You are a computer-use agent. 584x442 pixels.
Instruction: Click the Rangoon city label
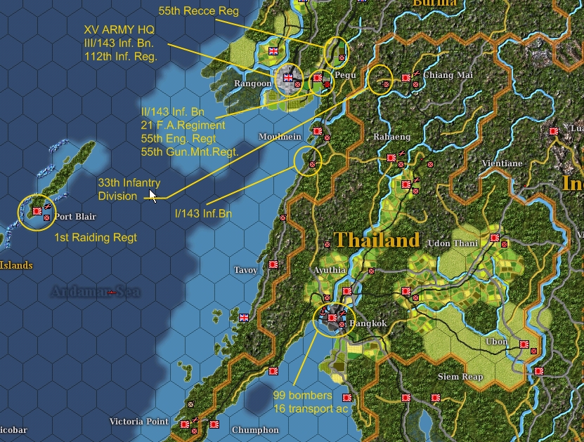[252, 83]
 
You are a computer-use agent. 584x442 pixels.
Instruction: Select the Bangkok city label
[368, 323]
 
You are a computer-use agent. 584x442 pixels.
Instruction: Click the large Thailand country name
[377, 240]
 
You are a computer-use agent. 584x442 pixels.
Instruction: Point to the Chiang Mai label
[448, 75]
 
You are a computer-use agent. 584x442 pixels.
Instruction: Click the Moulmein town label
[280, 136]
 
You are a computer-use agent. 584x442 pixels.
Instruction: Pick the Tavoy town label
[246, 270]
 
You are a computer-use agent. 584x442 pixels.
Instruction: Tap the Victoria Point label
[139, 422]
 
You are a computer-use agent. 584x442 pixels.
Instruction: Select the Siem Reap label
[460, 377]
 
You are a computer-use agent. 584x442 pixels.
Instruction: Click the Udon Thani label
[453, 243]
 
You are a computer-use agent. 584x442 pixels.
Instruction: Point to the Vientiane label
[502, 163]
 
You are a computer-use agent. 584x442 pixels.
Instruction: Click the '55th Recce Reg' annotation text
[198, 11]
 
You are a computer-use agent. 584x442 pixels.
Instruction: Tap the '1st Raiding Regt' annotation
[96, 238]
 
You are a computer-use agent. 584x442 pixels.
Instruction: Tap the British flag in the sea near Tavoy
[244, 318]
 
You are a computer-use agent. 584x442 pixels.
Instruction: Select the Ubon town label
[496, 342]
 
